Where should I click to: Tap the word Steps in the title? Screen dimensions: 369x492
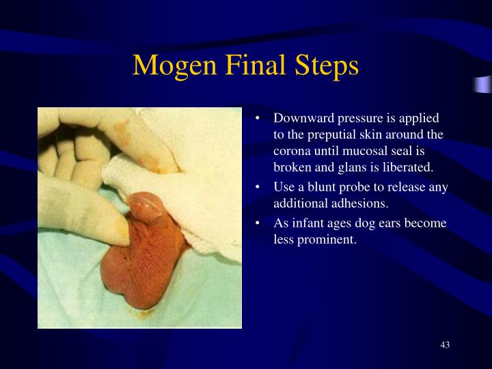327,66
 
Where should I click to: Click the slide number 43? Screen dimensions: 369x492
445,344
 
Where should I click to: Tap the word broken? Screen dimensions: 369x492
291,167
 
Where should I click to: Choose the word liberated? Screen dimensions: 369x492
408,167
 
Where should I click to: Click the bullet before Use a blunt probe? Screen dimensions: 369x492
258,188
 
